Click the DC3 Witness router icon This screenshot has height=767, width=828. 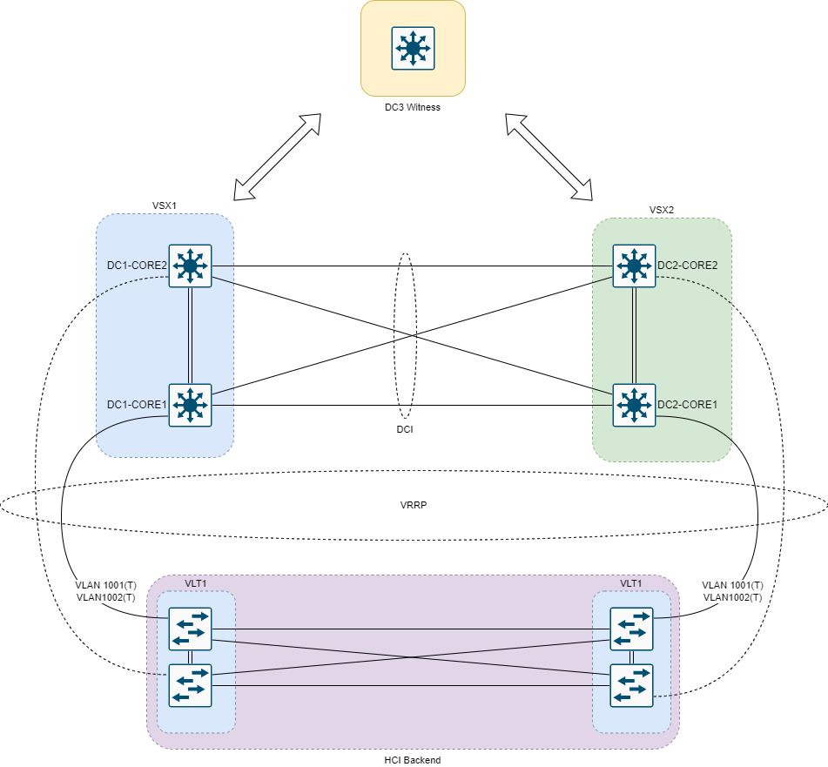pos(413,48)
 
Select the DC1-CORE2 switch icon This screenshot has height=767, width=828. pos(190,265)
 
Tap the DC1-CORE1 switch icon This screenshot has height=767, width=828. pos(190,405)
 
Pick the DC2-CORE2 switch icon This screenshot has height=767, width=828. pos(634,265)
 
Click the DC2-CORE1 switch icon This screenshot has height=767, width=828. pos(634,405)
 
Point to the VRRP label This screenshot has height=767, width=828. pos(413,505)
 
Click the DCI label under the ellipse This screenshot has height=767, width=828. pos(403,430)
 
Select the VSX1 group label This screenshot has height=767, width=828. pos(165,206)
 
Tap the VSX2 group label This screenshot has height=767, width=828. pos(662,210)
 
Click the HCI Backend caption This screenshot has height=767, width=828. pos(413,760)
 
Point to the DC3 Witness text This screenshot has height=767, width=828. pos(413,107)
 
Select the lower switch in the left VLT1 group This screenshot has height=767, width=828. pos(190,685)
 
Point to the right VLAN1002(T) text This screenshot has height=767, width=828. pos(732,597)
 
